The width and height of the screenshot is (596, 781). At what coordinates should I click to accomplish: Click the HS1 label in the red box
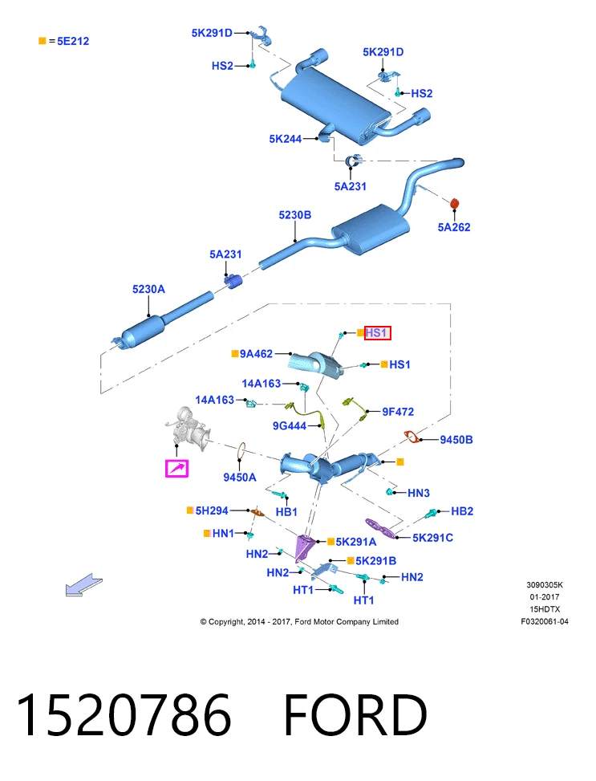point(378,333)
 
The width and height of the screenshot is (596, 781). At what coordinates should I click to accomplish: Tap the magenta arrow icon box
point(176,468)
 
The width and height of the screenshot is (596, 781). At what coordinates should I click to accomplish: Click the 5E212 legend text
point(73,42)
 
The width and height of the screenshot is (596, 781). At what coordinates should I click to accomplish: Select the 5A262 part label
point(453,227)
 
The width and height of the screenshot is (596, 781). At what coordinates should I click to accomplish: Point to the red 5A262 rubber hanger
point(454,204)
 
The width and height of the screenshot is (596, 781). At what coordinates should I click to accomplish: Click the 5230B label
point(294,214)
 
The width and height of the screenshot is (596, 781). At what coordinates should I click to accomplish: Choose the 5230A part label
point(148,289)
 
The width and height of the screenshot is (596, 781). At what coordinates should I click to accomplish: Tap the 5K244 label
point(286,139)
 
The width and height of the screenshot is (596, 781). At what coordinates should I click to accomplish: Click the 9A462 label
point(256,354)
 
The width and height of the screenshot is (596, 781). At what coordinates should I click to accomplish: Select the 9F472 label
point(398,412)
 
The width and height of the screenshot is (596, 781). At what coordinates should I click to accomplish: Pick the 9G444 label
point(290,426)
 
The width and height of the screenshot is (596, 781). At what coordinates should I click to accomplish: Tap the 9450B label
point(456,440)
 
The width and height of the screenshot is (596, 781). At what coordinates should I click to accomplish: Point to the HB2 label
point(462,511)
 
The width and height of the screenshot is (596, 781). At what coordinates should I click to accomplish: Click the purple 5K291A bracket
point(304,547)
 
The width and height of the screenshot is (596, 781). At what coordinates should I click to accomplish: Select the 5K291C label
point(432,538)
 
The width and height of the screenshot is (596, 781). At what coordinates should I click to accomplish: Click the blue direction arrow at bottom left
point(83,585)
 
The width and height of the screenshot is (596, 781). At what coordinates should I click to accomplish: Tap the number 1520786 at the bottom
point(124,714)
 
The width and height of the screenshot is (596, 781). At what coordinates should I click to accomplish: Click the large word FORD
point(355,714)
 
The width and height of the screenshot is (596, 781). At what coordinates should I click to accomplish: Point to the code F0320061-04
point(544,621)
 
